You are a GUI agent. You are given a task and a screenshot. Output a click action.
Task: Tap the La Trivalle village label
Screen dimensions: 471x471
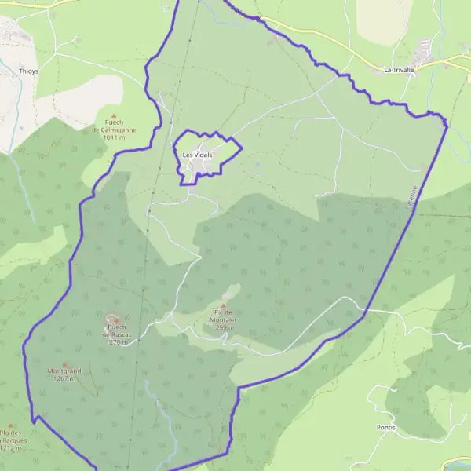tap(399, 69)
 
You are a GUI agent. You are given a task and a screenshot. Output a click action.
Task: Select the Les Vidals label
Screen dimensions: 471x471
tap(197, 155)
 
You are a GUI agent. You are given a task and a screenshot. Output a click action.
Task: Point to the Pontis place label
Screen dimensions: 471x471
tap(385, 428)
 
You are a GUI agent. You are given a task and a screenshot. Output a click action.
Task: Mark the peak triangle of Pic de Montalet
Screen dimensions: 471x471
tap(223, 306)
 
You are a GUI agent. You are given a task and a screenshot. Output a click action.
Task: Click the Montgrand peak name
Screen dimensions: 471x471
tap(64, 371)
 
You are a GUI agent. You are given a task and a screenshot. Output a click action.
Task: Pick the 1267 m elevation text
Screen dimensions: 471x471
tap(64, 378)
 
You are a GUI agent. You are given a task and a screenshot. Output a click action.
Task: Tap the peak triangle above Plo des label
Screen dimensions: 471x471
tap(11, 425)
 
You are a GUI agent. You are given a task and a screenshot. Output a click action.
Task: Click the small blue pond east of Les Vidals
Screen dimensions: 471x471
tap(257, 165)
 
